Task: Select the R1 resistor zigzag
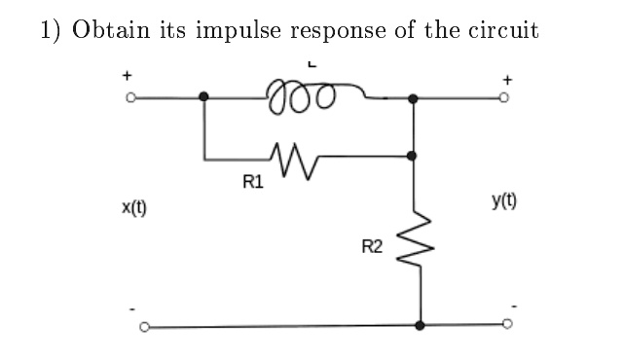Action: [x=295, y=161]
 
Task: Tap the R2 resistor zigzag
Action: [x=416, y=238]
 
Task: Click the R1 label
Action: [x=253, y=182]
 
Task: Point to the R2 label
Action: [x=372, y=246]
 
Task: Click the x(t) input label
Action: [x=134, y=207]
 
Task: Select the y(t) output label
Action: [x=504, y=201]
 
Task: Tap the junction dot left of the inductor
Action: [x=203, y=96]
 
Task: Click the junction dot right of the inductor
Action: [x=413, y=98]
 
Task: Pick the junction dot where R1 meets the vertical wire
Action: [x=412, y=156]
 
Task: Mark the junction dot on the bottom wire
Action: [x=420, y=325]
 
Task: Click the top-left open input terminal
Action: [x=130, y=97]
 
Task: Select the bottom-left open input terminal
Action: [x=145, y=327]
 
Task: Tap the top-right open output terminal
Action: [x=504, y=98]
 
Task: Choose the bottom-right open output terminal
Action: [x=507, y=324]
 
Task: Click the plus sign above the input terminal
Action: [x=127, y=75]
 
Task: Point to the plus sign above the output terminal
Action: [x=507, y=80]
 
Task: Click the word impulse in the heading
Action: [x=239, y=31]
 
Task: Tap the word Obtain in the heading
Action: [x=111, y=30]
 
